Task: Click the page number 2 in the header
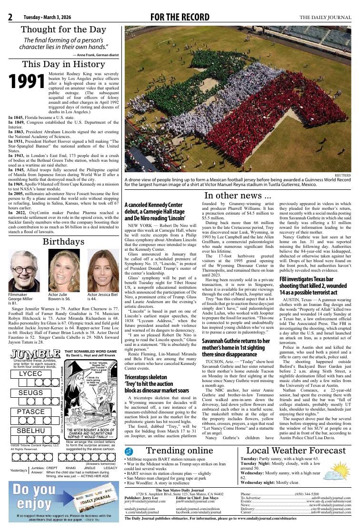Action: click(x=10, y=18)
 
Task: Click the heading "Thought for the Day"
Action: click(x=63, y=29)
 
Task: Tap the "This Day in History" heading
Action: click(x=63, y=64)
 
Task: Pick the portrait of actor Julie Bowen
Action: click(x=64, y=271)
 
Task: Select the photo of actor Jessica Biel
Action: click(x=103, y=271)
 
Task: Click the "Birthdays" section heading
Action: click(x=63, y=242)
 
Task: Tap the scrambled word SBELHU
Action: click(x=31, y=431)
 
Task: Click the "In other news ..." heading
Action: click(x=238, y=196)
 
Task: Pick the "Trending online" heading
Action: click(x=179, y=451)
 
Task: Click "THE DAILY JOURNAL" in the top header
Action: click(x=325, y=18)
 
